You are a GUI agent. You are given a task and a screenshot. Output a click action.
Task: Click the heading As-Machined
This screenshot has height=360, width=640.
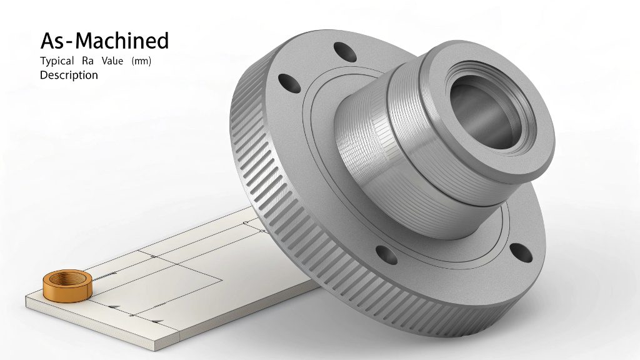point(104,41)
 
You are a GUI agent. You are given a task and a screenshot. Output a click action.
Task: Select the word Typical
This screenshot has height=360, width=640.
point(57,61)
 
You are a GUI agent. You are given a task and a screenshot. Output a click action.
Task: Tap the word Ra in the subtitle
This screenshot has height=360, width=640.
point(87,61)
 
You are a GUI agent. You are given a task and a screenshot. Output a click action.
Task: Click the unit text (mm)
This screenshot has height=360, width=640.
point(142,61)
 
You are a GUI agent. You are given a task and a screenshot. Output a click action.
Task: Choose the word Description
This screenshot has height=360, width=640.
point(69,75)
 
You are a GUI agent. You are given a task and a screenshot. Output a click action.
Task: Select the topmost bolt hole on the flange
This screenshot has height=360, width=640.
point(342,51)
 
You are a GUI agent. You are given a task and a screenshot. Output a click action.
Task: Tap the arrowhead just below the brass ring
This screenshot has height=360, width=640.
point(115,306)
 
